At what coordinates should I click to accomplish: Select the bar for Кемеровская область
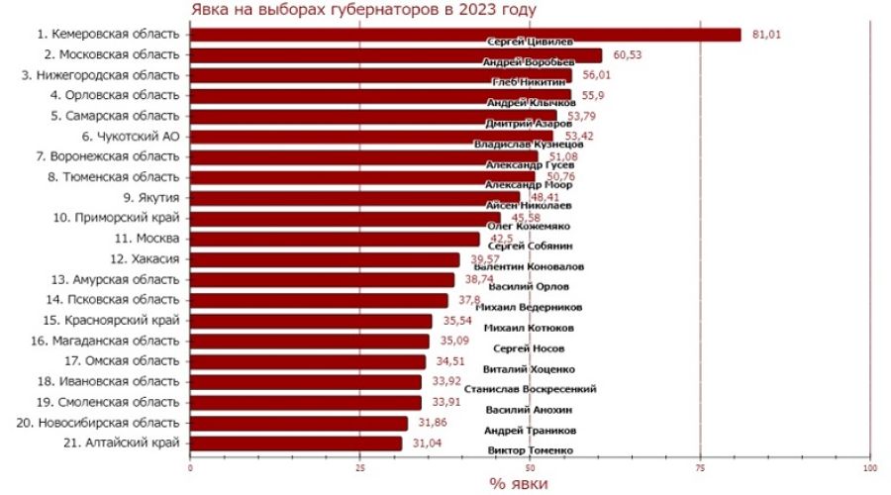[464, 35]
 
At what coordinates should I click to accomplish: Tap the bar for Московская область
[395, 55]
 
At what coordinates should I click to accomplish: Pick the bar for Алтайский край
[296, 444]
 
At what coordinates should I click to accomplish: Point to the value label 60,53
[628, 55]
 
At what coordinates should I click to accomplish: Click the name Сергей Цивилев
[529, 42]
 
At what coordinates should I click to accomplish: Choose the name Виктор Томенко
[531, 450]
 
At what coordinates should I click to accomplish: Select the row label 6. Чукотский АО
[130, 137]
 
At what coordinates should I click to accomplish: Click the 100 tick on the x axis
[871, 467]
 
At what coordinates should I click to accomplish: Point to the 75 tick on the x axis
[701, 467]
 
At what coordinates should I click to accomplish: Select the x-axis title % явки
[519, 484]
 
